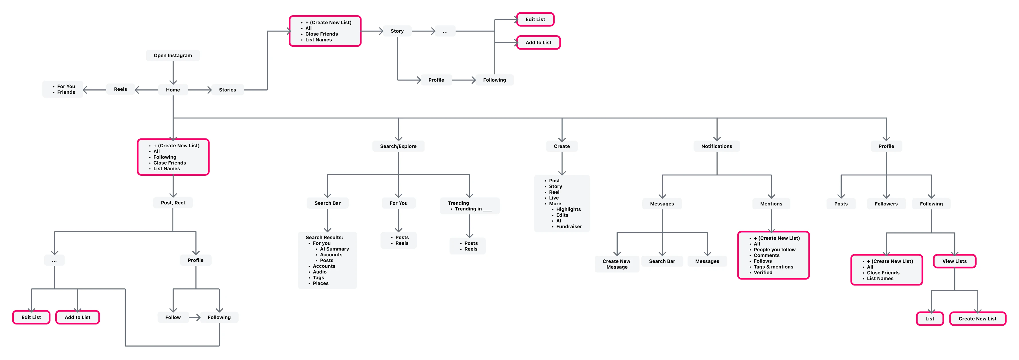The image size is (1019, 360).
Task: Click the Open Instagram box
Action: point(173,55)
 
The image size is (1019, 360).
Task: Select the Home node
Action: point(173,90)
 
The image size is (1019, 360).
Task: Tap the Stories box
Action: point(227,90)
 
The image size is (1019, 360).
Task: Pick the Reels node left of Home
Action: point(121,89)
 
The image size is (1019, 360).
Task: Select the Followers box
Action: point(886,204)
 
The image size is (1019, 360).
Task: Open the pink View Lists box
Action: point(955,261)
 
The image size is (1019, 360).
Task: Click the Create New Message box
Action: point(617,264)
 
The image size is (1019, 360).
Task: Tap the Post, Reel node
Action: point(173,203)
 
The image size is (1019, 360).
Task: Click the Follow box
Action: point(173,317)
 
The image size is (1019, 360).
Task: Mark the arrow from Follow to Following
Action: point(195,317)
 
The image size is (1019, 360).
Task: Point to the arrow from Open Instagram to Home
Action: point(173,73)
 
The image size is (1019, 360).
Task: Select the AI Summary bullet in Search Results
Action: point(334,249)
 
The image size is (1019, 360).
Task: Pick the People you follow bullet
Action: point(775,250)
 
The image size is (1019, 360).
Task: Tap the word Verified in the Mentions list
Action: point(763,273)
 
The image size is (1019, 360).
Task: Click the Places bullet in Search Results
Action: point(320,283)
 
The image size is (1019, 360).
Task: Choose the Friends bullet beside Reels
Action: point(66,92)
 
